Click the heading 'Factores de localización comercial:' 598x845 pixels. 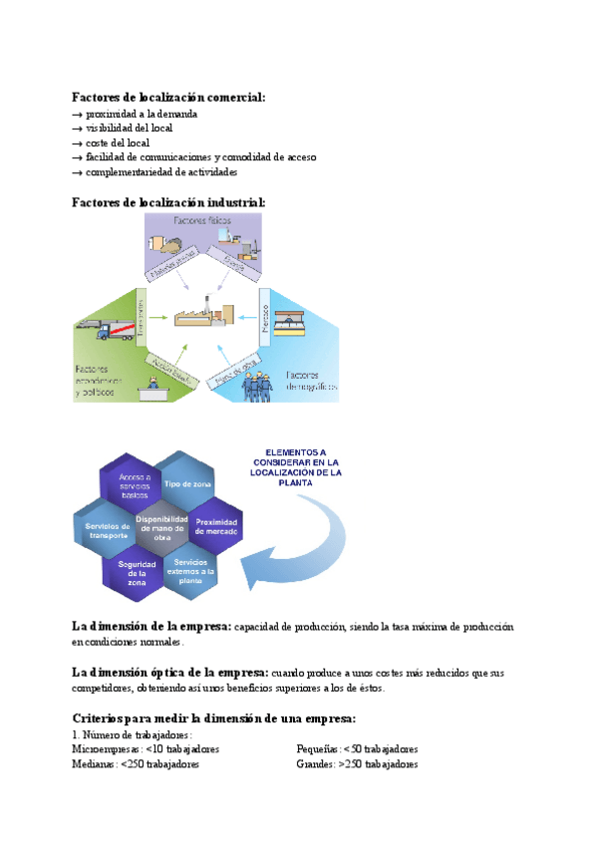(x=168, y=97)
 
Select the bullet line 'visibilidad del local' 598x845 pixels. (x=129, y=129)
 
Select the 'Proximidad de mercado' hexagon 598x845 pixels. (x=215, y=526)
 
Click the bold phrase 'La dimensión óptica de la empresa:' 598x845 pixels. (x=170, y=673)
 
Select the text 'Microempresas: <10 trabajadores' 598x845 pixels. (x=147, y=749)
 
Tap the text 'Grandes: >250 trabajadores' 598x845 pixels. (x=357, y=764)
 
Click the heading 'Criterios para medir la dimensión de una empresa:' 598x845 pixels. (x=214, y=718)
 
